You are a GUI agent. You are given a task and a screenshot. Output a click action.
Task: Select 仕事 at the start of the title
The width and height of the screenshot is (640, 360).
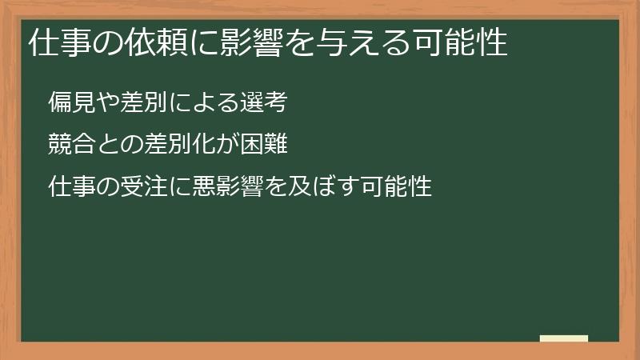pos(55,43)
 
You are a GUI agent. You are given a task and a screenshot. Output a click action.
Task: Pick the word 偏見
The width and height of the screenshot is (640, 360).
pos(69,102)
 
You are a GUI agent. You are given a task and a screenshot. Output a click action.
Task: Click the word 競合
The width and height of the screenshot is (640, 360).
pos(69,145)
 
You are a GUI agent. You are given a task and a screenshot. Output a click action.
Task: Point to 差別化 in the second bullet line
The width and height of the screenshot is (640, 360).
pos(155,145)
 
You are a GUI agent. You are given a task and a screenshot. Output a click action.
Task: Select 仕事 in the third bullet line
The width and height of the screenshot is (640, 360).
pos(69,187)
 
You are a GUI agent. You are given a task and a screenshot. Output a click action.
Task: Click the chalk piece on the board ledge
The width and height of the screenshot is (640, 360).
pos(564,339)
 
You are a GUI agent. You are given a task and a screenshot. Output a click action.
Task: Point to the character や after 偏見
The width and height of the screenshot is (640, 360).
pos(106,102)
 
